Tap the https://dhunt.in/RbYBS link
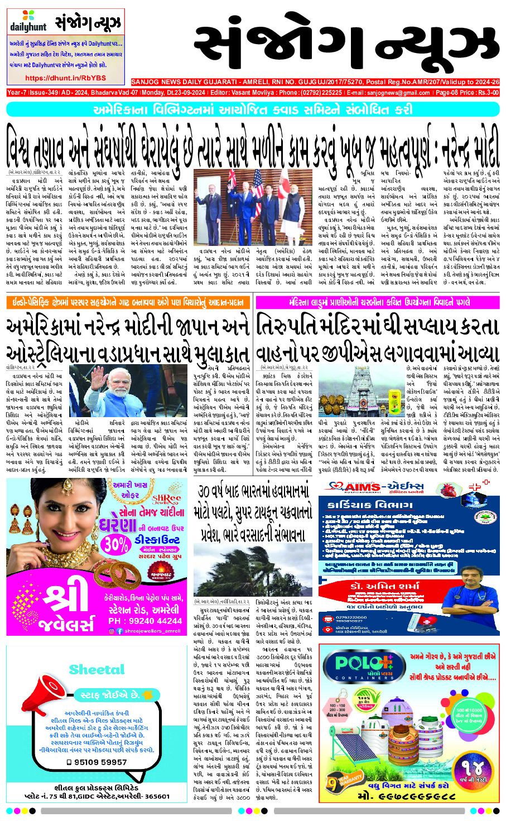click(65, 78)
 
